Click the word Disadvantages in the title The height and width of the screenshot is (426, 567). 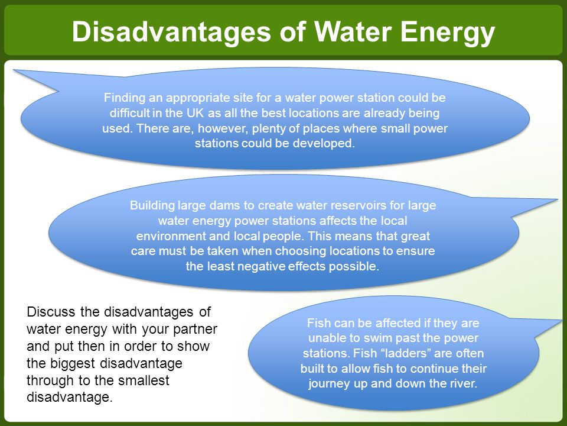point(171,31)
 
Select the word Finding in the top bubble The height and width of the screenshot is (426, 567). point(123,98)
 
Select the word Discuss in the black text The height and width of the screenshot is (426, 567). point(51,312)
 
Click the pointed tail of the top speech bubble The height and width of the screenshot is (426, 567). point(14,70)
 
